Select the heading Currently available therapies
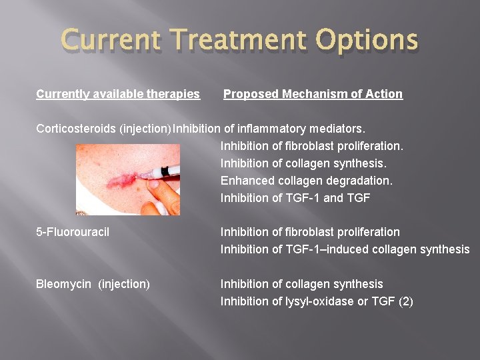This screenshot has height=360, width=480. coord(118,94)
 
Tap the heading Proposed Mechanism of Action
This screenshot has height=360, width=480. coord(313,94)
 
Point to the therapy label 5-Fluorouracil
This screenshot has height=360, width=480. coord(73,232)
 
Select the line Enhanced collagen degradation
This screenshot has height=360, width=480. coord(307,180)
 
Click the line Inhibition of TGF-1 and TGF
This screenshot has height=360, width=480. coord(295,197)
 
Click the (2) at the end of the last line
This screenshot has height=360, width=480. coord(405,301)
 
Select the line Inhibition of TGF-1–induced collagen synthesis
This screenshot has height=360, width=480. coord(345,249)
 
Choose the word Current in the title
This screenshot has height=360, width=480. coord(109,41)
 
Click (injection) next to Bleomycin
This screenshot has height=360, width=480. coord(124,284)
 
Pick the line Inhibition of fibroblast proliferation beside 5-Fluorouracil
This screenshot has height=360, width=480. coord(310,232)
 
